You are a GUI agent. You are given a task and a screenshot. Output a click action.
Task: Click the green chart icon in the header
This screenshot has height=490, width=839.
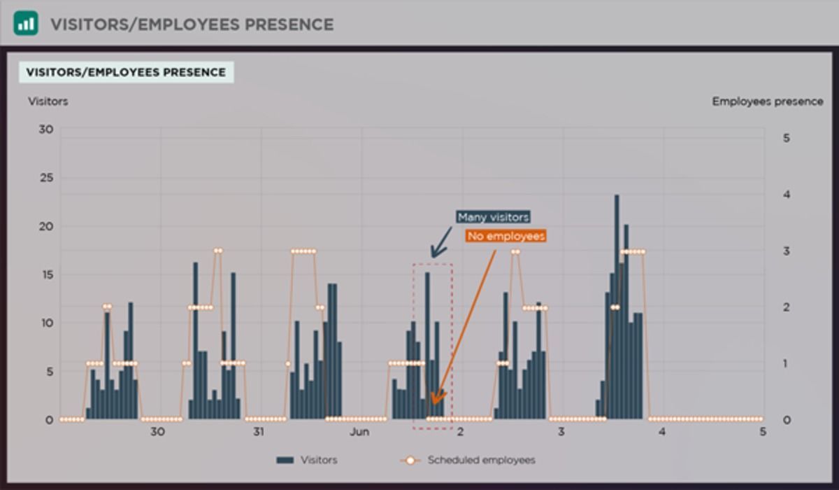click(26, 24)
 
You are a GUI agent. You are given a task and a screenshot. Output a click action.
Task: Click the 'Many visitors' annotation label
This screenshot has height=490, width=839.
click(493, 217)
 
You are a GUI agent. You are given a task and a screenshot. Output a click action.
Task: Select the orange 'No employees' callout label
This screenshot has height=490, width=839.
click(505, 237)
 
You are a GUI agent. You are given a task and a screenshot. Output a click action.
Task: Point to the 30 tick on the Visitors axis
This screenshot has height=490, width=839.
click(46, 129)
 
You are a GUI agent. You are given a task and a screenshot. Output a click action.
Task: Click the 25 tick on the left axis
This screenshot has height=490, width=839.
click(46, 178)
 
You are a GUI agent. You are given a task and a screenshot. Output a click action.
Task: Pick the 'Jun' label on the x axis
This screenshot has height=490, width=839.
click(359, 432)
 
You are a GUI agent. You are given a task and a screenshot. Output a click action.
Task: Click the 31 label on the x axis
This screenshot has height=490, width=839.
click(258, 432)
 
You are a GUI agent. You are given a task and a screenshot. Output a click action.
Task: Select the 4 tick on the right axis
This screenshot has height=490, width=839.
click(787, 195)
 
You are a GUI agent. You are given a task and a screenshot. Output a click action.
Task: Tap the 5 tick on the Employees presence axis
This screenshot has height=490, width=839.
click(787, 138)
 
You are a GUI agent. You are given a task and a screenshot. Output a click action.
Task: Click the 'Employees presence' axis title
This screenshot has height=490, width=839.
click(767, 101)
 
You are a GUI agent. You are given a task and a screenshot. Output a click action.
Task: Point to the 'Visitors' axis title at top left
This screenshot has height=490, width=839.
click(48, 101)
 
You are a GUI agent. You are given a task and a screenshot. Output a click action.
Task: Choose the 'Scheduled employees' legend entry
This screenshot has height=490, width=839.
click(481, 460)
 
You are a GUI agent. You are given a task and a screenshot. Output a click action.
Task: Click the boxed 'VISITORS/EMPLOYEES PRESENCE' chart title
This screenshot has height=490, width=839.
click(126, 72)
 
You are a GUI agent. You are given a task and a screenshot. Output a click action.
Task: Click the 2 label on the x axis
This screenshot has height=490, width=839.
click(460, 432)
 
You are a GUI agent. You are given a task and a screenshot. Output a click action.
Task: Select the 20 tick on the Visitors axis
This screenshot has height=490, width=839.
click(46, 226)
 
